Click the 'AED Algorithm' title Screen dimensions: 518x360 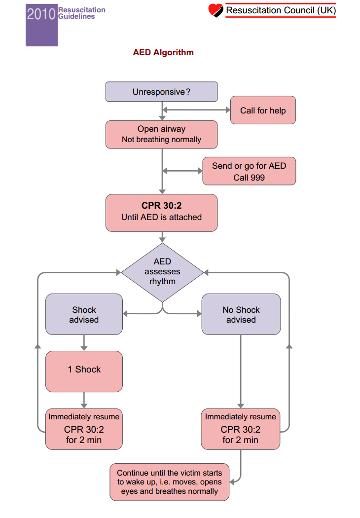click(x=163, y=52)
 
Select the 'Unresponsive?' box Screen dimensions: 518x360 click(x=161, y=92)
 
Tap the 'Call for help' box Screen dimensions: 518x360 click(x=263, y=111)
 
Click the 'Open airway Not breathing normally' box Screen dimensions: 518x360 click(x=161, y=134)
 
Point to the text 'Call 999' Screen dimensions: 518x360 click(x=249, y=178)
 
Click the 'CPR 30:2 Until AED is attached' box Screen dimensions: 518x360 click(x=161, y=212)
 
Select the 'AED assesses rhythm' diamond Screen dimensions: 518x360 click(x=162, y=272)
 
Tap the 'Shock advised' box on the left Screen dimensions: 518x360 click(x=84, y=314)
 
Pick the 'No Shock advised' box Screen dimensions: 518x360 click(x=241, y=314)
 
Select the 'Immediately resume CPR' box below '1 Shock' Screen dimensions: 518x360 click(x=84, y=429)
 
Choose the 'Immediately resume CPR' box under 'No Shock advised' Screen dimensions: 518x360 click(x=241, y=429)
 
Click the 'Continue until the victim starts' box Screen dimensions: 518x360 click(x=169, y=482)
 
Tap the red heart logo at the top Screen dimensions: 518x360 click(x=216, y=10)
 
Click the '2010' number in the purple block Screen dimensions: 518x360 click(x=41, y=14)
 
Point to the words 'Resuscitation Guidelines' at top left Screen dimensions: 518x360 click(x=81, y=13)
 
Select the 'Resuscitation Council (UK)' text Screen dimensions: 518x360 click(x=281, y=10)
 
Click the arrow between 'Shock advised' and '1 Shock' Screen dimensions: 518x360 click(x=84, y=343)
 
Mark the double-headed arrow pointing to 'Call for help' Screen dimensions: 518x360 click(x=196, y=110)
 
